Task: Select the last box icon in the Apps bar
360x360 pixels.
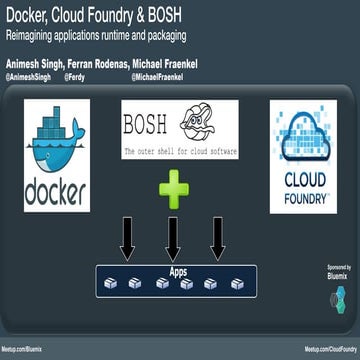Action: [x=234, y=283]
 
